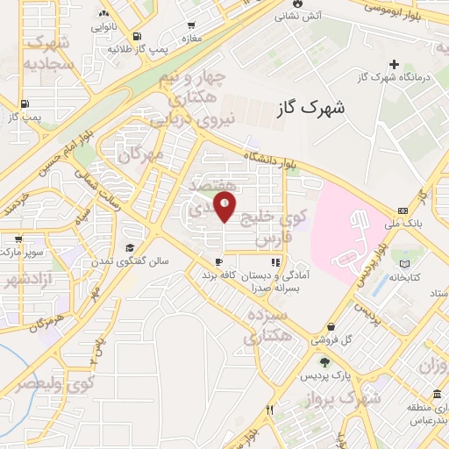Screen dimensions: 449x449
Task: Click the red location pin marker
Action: point(225,207)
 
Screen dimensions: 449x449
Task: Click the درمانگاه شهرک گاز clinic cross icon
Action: point(395,64)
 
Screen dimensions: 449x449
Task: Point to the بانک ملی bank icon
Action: point(403,210)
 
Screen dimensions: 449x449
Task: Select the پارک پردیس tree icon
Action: point(324,361)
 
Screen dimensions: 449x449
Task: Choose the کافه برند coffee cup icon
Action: point(218,262)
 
